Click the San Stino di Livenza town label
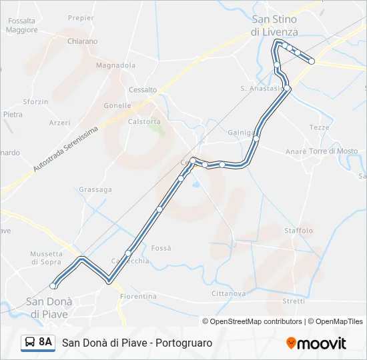pyautogui.click(x=274, y=25)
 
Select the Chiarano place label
pyautogui.click(x=82, y=41)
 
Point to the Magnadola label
pyautogui.click(x=115, y=65)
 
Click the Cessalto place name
pyautogui.click(x=143, y=89)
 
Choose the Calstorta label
pyautogui.click(x=144, y=121)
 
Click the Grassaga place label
pyautogui.click(x=95, y=189)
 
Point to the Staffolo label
pyautogui.click(x=298, y=231)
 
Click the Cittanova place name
pyautogui.click(x=228, y=293)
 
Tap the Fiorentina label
pyautogui.click(x=138, y=296)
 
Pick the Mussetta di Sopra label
pyautogui.click(x=46, y=258)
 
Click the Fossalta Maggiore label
pyautogui.click(x=22, y=25)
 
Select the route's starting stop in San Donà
pyautogui.click(x=53, y=286)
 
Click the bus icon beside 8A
pyautogui.click(x=29, y=343)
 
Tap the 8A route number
pyautogui.click(x=45, y=342)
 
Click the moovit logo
pyautogui.click(x=316, y=343)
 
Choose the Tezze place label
pyautogui.click(x=320, y=127)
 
